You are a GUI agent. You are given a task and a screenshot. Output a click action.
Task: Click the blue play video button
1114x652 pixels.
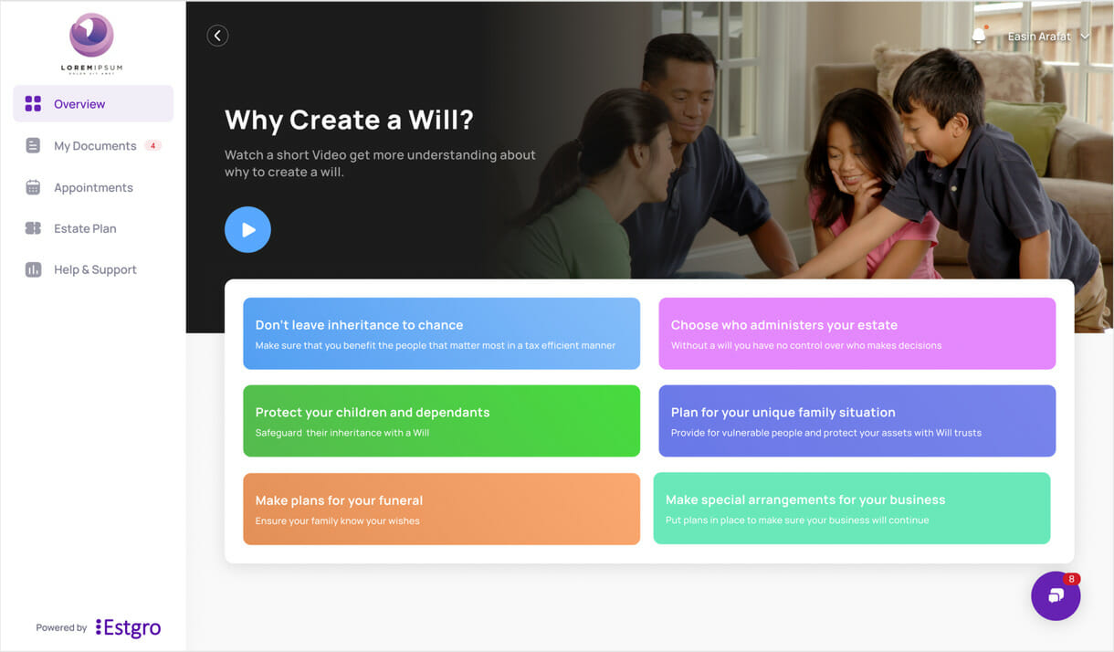click(x=247, y=229)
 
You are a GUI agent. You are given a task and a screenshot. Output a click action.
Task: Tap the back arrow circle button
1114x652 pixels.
click(x=217, y=36)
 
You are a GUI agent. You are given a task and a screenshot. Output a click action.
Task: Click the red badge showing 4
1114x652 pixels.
click(x=152, y=146)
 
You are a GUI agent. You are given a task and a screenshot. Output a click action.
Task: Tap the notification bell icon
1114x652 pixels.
click(x=979, y=36)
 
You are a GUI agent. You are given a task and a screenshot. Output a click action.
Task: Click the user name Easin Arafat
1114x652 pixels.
click(x=1039, y=37)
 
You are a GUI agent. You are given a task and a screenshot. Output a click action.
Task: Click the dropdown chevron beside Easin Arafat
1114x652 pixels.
click(x=1085, y=37)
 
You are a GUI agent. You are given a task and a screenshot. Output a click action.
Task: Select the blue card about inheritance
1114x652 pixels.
click(x=442, y=333)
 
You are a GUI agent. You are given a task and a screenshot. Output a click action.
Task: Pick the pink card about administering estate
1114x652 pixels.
click(x=857, y=333)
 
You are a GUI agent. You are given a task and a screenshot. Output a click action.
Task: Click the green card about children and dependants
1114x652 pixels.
click(x=442, y=421)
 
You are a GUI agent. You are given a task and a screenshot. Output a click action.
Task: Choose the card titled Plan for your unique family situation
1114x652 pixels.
click(x=857, y=421)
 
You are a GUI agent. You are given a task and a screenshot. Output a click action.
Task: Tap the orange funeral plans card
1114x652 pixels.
click(x=442, y=509)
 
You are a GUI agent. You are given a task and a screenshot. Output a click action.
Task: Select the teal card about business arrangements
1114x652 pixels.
click(x=852, y=509)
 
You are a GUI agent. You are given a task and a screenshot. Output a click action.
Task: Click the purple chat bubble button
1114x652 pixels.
click(x=1056, y=595)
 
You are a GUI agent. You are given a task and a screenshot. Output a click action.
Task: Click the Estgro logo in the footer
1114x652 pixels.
click(x=129, y=627)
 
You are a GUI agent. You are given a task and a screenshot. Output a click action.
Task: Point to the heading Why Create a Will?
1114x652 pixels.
click(x=349, y=120)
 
